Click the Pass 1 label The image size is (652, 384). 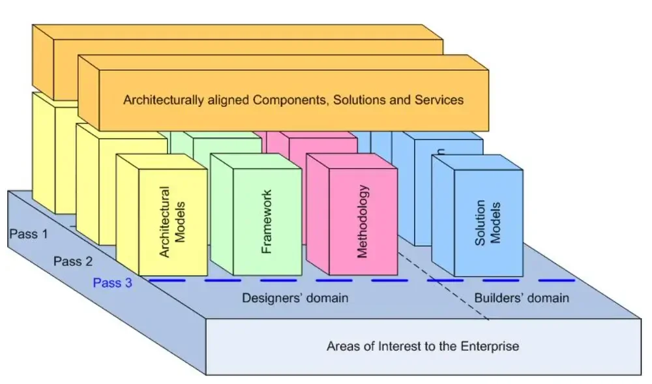click(x=29, y=234)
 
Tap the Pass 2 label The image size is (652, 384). click(x=73, y=261)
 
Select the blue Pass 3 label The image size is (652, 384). click(x=112, y=282)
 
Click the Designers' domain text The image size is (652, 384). click(x=295, y=298)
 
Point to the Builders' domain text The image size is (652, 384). click(x=522, y=298)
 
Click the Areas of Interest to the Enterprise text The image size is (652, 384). click(x=422, y=346)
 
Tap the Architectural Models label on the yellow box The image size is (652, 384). click(x=171, y=222)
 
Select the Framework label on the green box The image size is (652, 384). click(x=266, y=222)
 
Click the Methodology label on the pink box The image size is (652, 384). click(x=362, y=222)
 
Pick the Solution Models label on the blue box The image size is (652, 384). click(x=487, y=223)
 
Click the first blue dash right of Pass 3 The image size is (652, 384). click(x=167, y=280)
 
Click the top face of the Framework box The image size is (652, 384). click(x=256, y=161)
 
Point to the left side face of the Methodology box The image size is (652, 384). click(x=318, y=214)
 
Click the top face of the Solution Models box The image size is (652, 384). click(x=477, y=162)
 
